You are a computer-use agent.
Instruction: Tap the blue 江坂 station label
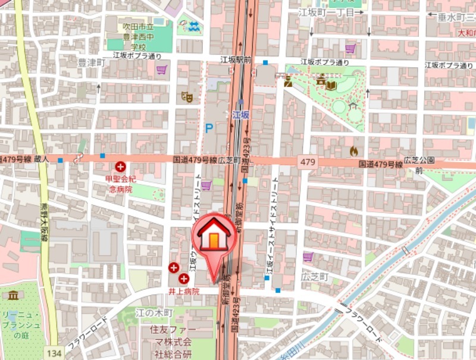click(240, 114)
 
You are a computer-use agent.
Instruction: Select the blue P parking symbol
click(209, 128)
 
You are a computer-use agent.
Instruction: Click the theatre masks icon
click(186, 95)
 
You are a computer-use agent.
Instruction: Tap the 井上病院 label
click(183, 292)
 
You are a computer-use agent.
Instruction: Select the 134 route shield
click(54, 353)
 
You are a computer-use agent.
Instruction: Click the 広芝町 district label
click(315, 277)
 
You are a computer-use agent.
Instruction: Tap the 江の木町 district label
click(154, 313)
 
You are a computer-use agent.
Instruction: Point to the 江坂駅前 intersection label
click(236, 60)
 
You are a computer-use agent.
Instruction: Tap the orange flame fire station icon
click(354, 151)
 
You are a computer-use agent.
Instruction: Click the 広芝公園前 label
click(419, 165)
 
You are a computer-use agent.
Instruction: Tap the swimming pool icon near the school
click(193, 26)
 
